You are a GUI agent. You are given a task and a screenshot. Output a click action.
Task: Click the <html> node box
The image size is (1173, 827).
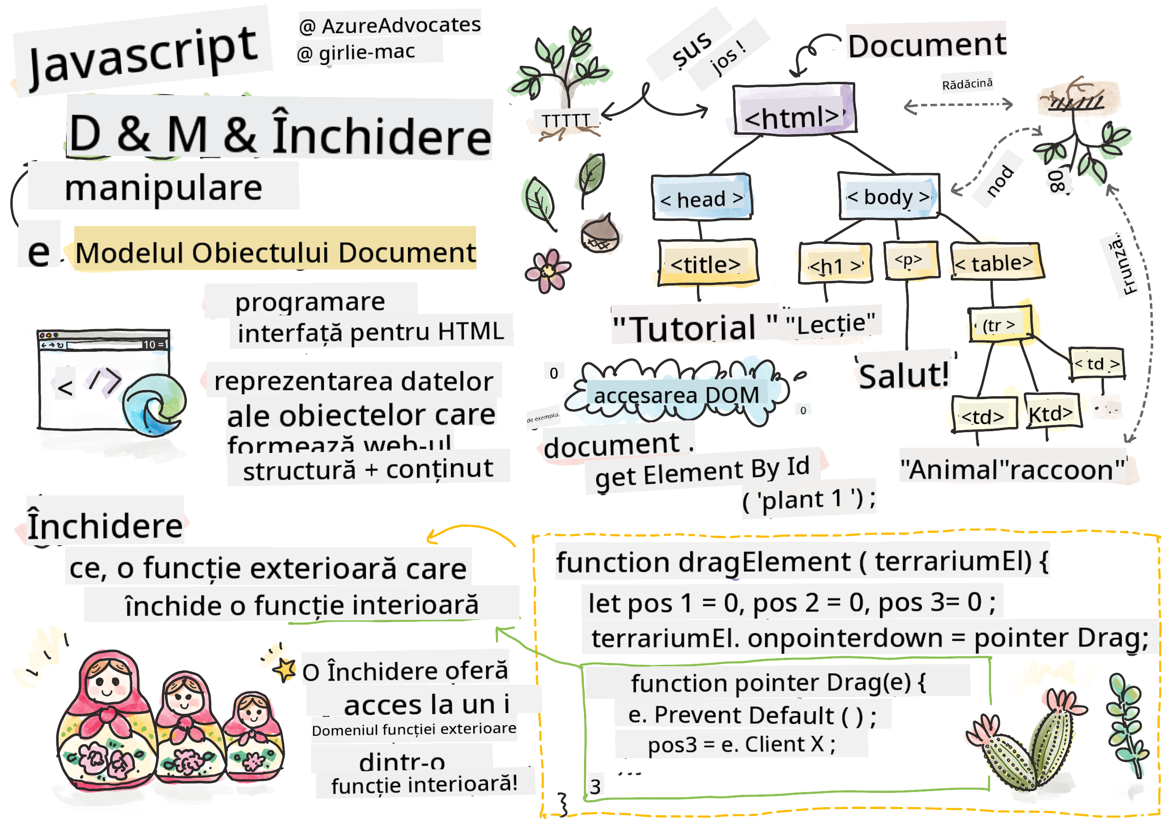(793, 109)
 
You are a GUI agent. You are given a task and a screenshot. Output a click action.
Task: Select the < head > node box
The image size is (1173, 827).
(702, 198)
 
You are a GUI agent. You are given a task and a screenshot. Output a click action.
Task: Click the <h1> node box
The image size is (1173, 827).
(835, 265)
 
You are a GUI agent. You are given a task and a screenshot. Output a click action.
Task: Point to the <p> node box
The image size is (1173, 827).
(911, 261)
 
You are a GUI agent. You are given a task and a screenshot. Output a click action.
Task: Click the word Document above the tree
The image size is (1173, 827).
(927, 45)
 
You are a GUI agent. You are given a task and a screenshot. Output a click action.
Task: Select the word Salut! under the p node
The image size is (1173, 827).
(903, 375)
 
